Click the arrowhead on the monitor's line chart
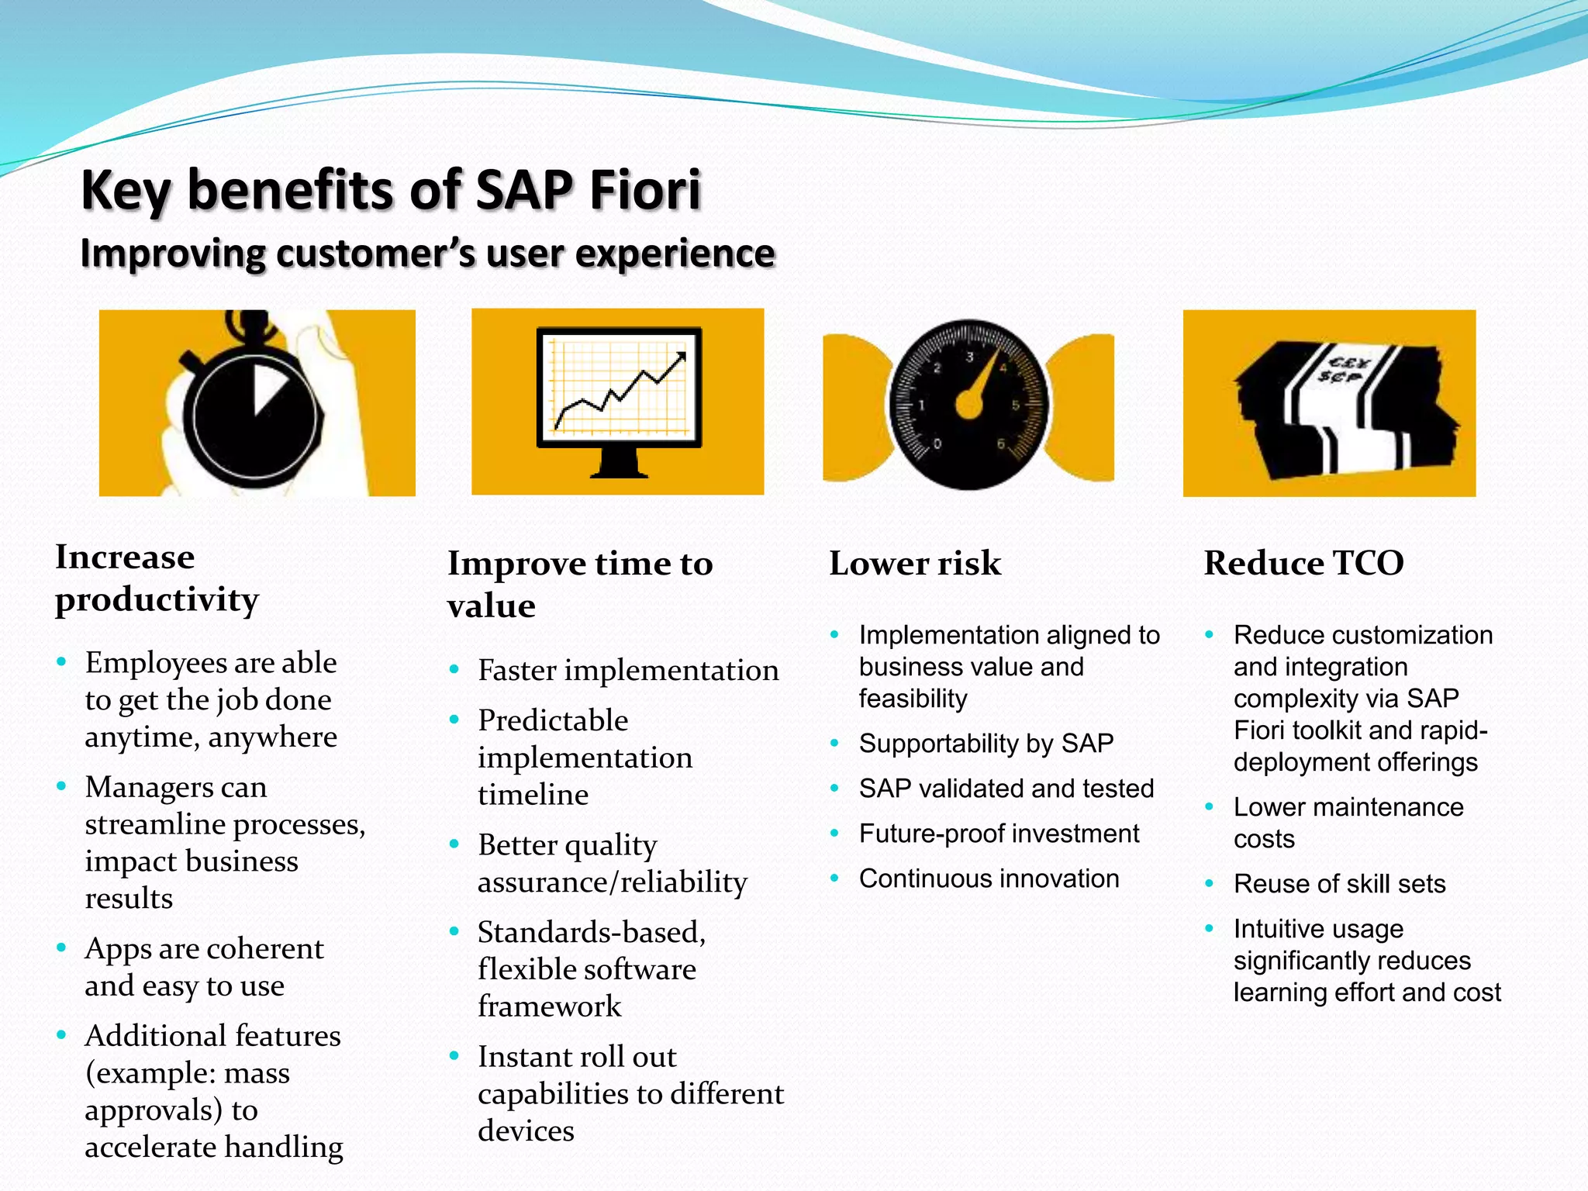[681, 357]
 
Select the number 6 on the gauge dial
[1001, 444]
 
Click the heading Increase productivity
[157, 578]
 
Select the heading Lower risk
[915, 563]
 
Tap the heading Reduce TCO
[1303, 563]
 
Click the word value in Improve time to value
[492, 606]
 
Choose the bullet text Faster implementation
[628, 671]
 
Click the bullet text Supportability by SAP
[986, 744]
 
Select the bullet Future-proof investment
[999, 834]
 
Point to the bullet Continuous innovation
[989, 879]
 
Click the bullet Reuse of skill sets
[1339, 884]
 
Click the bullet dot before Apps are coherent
[61, 948]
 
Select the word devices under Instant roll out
[526, 1131]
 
